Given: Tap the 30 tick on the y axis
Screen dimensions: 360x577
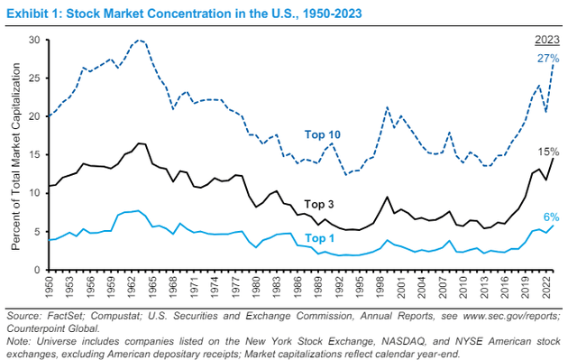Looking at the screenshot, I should point(32,41).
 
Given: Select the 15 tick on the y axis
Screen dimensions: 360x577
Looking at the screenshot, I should point(32,155).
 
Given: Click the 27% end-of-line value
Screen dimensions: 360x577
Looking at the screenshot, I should point(546,59).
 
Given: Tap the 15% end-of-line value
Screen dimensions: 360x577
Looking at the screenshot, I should point(546,152).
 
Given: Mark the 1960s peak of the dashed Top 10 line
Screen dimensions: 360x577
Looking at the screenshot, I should point(139,41).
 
